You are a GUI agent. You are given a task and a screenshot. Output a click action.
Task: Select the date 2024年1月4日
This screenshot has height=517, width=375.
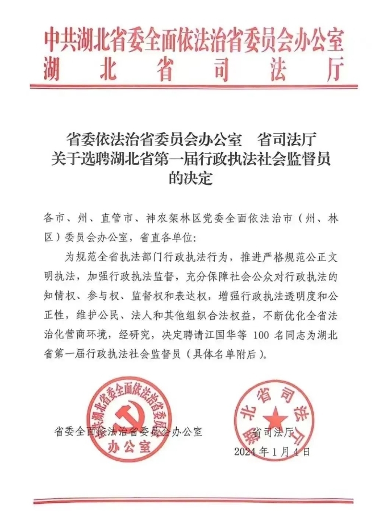click(x=272, y=452)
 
